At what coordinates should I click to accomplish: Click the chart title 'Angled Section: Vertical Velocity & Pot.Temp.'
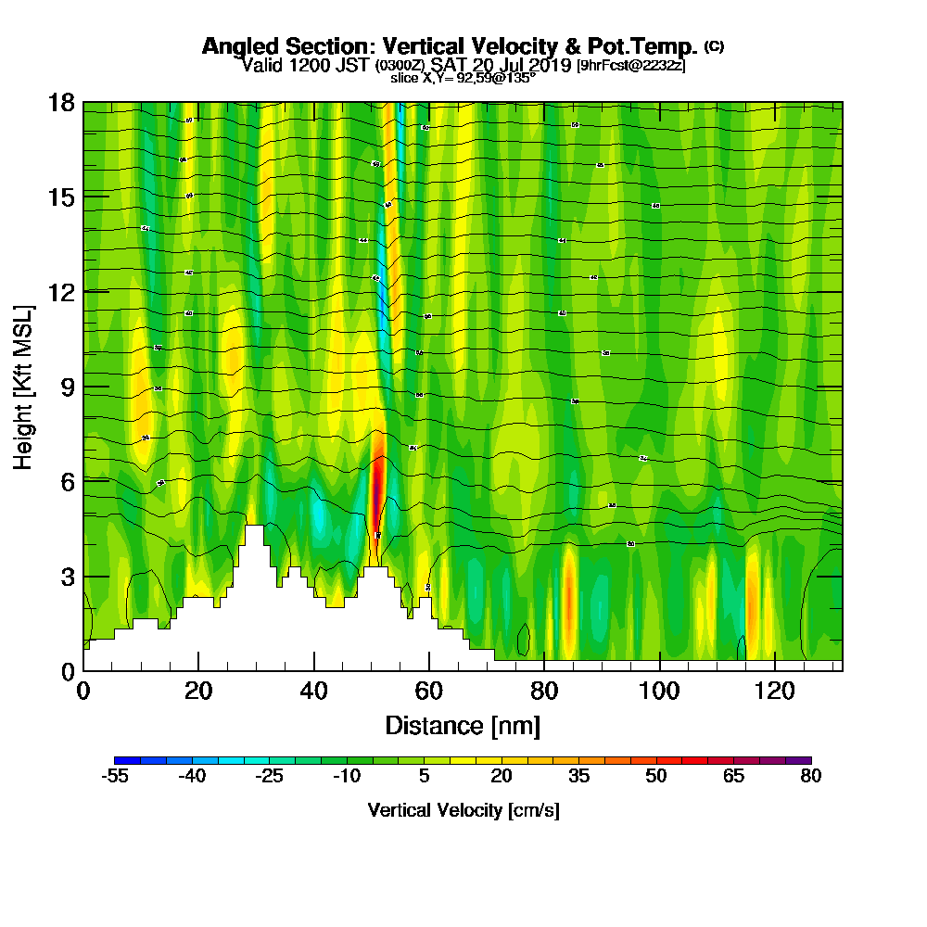pyautogui.click(x=450, y=47)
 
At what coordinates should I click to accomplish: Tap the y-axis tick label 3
pyautogui.click(x=67, y=576)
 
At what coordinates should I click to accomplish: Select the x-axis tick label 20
pyautogui.click(x=198, y=691)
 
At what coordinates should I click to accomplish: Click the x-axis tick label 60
pyautogui.click(x=429, y=691)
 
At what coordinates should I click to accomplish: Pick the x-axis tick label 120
pyautogui.click(x=774, y=691)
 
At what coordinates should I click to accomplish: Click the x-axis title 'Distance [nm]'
pyautogui.click(x=463, y=725)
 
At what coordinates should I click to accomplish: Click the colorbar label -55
pyautogui.click(x=114, y=777)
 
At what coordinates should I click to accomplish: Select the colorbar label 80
pyautogui.click(x=810, y=777)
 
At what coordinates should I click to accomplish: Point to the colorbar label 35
pyautogui.click(x=578, y=777)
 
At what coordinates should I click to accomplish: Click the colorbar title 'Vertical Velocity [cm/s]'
pyautogui.click(x=463, y=811)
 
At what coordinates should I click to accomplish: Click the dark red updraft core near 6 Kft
pyautogui.click(x=376, y=491)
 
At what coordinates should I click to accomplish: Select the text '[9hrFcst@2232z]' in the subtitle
pyautogui.click(x=631, y=66)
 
